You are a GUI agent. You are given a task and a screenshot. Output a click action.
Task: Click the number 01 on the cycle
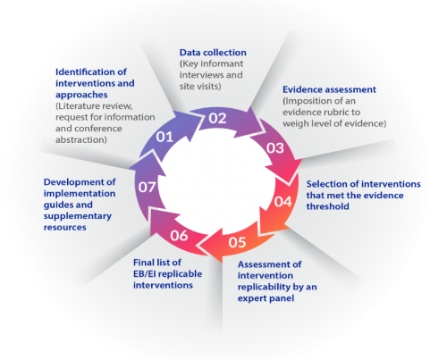pyautogui.click(x=164, y=137)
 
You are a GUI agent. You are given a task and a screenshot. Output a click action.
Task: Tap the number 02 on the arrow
pyautogui.click(x=217, y=118)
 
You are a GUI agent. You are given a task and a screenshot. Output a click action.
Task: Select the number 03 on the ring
pyautogui.click(x=275, y=148)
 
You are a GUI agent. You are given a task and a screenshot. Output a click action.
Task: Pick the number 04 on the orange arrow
pyautogui.click(x=283, y=202)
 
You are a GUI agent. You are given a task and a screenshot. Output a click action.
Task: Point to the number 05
pyautogui.click(x=237, y=242)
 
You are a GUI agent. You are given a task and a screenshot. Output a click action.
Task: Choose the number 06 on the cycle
pyautogui.click(x=179, y=236)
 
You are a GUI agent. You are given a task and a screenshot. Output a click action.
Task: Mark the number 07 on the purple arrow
pyautogui.click(x=147, y=187)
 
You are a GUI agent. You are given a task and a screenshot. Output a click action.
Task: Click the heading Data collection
pyautogui.click(x=213, y=53)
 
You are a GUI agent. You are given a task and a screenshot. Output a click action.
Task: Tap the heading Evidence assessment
pyautogui.click(x=329, y=89)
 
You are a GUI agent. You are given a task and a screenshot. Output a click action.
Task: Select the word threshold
pyautogui.click(x=328, y=206)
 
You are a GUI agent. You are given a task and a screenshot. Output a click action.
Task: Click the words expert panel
pyautogui.click(x=266, y=298)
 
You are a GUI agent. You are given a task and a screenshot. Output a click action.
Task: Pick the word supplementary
pyautogui.click(x=78, y=216)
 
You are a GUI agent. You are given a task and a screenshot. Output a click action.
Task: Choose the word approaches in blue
pyautogui.click(x=81, y=96)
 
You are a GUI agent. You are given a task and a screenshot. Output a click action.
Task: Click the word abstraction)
pyautogui.click(x=81, y=140)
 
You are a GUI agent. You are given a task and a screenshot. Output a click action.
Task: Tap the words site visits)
pyautogui.click(x=200, y=87)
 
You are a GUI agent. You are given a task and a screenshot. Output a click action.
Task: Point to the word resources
pyautogui.click(x=65, y=228)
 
